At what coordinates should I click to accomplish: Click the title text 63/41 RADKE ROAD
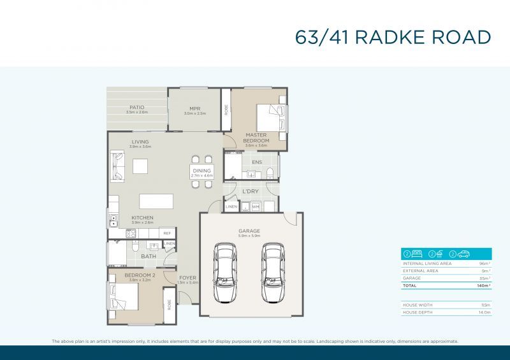click(x=393, y=37)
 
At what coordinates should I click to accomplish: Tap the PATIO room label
click(x=136, y=107)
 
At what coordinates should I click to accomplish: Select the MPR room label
click(x=195, y=108)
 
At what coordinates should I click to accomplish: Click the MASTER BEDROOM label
click(x=256, y=138)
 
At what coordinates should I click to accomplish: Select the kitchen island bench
click(x=156, y=201)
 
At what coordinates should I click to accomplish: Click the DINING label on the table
click(x=201, y=171)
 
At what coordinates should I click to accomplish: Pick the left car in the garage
click(x=225, y=271)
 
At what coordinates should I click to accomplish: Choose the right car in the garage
click(x=273, y=271)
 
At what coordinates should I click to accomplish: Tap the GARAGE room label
click(x=249, y=231)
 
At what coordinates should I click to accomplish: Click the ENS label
click(x=256, y=162)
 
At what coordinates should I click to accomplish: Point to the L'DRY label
click(x=249, y=191)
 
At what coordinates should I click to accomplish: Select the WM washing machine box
click(x=255, y=206)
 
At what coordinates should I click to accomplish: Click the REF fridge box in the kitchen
click(x=166, y=234)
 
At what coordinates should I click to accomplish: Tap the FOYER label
click(x=187, y=278)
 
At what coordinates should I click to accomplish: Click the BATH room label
click(x=149, y=256)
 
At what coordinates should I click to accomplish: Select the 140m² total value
click(x=483, y=286)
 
